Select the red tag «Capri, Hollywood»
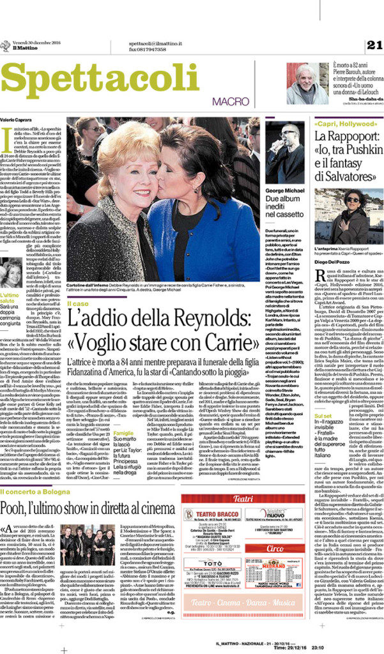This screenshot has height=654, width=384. [338, 119]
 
